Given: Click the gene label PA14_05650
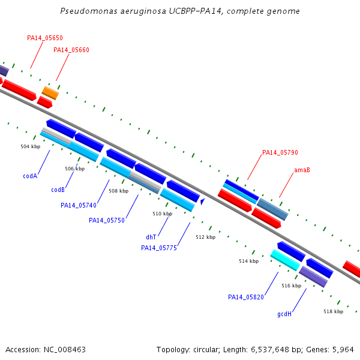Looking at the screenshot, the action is coord(45,38).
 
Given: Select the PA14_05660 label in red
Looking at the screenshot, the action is coord(71,50).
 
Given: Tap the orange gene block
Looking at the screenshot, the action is coord(50,93).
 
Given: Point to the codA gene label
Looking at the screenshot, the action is coord(30,176).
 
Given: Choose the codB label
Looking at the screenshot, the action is coord(58,190).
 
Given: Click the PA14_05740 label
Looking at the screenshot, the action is coord(79,205).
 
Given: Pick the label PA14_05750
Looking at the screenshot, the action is coord(107,220).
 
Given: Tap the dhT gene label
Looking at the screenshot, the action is coord(151,237).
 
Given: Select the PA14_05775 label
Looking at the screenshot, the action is coord(159,248).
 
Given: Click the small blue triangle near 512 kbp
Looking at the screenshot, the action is coord(202,202).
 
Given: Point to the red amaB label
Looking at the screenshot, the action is coord(302,170).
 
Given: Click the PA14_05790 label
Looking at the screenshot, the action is coord(280,152).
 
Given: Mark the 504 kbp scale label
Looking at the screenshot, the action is coord(31,146).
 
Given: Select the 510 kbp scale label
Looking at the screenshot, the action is coord(163,214).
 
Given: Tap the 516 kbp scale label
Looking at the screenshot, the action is coord(292,286).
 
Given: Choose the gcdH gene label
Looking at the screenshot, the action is coord(284,314).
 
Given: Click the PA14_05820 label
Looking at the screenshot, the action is coord(246,297).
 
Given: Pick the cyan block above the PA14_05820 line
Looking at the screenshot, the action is coord(285,260).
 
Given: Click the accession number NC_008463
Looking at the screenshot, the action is coord(65,350).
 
